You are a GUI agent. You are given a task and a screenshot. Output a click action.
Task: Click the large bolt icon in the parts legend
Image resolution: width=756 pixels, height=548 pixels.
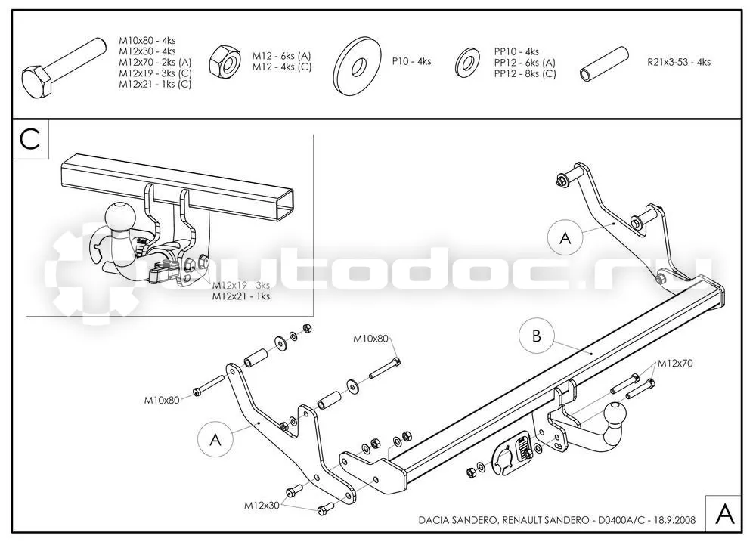63,67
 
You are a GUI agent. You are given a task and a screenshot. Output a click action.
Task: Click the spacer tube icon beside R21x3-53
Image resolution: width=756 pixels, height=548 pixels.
604,64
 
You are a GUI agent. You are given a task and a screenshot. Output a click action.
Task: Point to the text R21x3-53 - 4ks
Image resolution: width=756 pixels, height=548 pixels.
679,62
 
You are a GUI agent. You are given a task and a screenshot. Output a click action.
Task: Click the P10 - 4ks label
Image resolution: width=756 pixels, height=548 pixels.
411,62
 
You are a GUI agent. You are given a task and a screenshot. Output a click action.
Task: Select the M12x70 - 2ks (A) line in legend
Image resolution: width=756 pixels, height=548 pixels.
155,62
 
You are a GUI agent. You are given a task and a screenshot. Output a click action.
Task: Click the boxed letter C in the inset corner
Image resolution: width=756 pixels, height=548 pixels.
30,140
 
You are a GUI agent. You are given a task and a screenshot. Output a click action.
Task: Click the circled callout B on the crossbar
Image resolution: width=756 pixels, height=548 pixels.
537,336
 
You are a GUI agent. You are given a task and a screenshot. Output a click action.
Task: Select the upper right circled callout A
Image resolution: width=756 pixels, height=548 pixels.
565,237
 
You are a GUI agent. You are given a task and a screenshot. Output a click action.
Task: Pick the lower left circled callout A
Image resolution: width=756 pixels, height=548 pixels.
215,440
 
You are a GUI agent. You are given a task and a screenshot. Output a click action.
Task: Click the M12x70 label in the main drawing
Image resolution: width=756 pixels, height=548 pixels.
674,364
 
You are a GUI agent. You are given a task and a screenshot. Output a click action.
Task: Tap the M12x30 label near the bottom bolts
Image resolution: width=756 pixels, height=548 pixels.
262,506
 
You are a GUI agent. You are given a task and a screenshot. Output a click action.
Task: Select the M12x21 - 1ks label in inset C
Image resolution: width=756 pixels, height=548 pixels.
241,296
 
